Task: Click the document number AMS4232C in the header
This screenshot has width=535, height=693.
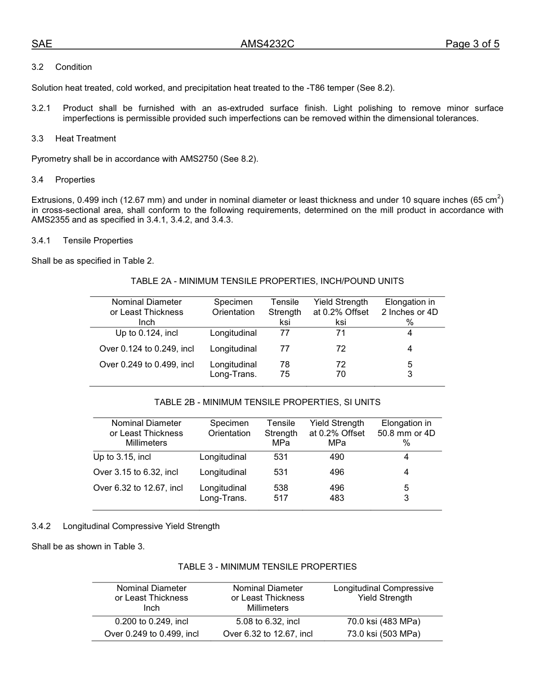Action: pos(267,45)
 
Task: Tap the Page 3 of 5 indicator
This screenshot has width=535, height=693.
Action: pos(472,45)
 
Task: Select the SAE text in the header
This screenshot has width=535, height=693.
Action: pos(42,45)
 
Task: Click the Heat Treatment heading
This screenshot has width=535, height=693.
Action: pos(86,139)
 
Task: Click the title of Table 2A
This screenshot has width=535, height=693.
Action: pos(267,281)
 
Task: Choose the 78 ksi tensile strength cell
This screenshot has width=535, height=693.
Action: pos(284,365)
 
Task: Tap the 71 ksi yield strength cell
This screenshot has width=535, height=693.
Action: pos(341,333)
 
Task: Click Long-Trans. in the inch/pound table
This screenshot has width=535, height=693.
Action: pos(233,374)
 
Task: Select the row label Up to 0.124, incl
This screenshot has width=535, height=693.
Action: pos(146,333)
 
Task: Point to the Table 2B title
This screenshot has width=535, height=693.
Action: pos(267,402)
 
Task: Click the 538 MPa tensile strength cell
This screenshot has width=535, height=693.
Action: pos(280,488)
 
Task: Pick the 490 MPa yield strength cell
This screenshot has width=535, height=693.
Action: pos(337,457)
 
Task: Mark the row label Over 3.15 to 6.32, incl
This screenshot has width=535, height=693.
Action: pos(136,472)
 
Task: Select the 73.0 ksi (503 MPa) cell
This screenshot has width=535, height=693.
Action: pos(384,634)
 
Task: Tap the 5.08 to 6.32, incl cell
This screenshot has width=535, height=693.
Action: pos(267,621)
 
